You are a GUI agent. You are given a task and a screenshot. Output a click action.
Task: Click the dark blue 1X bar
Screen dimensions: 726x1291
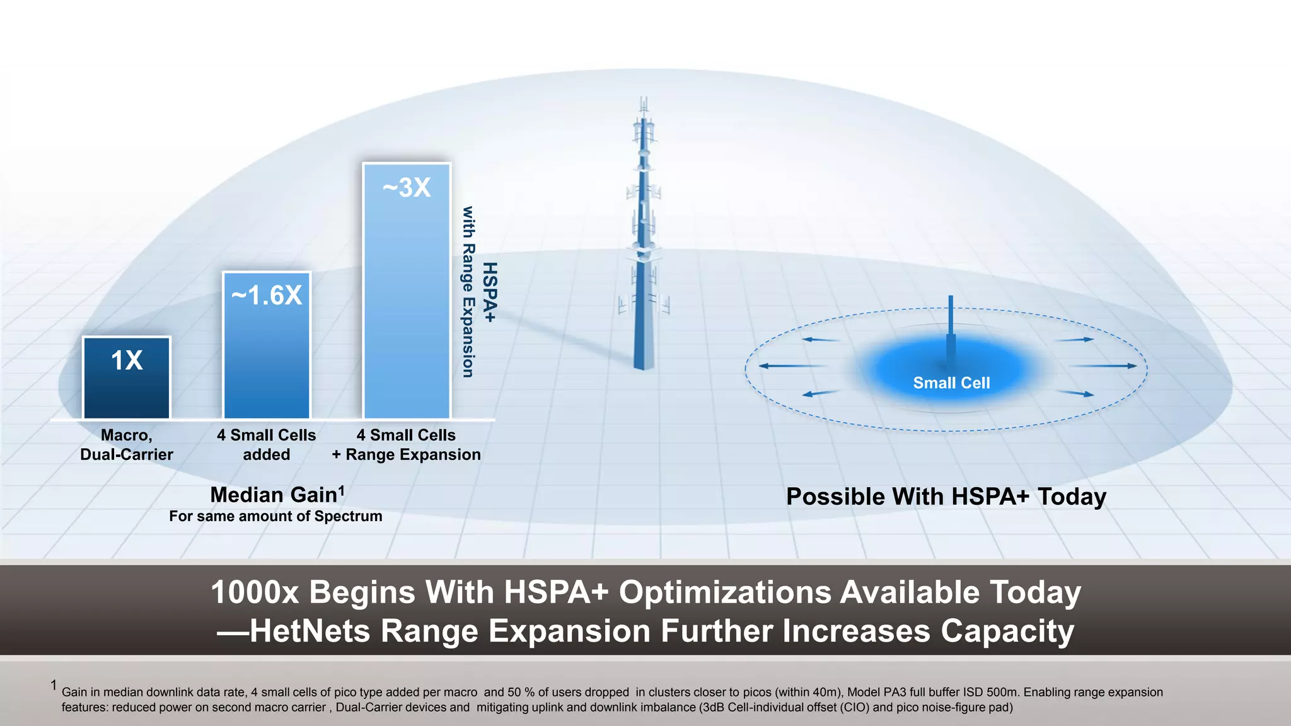[127, 378]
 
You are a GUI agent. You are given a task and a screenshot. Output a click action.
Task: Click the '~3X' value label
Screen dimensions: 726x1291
[407, 187]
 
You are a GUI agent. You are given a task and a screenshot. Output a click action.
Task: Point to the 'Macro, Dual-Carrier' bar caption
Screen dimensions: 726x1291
[127, 445]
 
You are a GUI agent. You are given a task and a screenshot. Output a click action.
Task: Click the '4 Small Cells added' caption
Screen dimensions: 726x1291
[267, 445]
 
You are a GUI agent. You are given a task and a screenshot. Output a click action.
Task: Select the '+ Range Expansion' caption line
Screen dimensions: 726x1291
[407, 455]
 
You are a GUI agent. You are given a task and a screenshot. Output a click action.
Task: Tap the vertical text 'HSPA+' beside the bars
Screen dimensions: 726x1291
[490, 292]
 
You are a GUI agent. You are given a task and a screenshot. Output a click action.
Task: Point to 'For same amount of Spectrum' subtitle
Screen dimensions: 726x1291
[275, 516]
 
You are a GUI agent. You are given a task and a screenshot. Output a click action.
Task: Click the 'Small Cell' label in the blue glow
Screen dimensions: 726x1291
[951, 383]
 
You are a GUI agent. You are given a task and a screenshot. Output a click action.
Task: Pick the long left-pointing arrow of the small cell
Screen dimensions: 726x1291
[791, 366]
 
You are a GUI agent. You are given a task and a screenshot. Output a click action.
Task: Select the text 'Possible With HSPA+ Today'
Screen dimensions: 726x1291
[946, 497]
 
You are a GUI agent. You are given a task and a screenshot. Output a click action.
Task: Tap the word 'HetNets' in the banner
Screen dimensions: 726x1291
[310, 631]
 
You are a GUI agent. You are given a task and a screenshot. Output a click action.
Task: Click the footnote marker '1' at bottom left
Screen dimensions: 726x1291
[54, 685]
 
